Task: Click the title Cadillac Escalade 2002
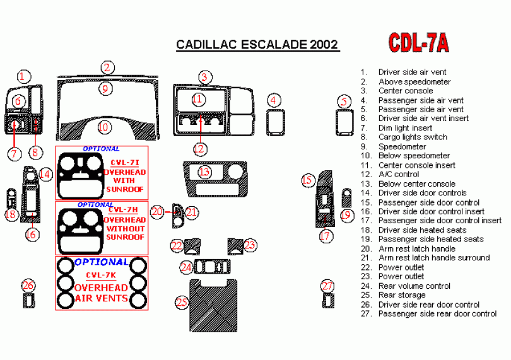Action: pyautogui.click(x=257, y=45)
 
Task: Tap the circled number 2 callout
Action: pyautogui.click(x=108, y=67)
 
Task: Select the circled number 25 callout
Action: pyautogui.click(x=182, y=303)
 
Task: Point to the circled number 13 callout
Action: pyautogui.click(x=204, y=171)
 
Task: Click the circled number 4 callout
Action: pyautogui.click(x=273, y=100)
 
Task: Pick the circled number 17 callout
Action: pyautogui.click(x=325, y=236)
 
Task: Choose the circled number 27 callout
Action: pyautogui.click(x=327, y=286)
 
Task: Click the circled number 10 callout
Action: pyautogui.click(x=103, y=127)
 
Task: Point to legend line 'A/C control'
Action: pyautogui.click(x=398, y=174)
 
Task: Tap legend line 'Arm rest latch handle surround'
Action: pyautogui.click(x=433, y=258)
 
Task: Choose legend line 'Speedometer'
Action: pyautogui.click(x=402, y=146)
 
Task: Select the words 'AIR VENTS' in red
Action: pyautogui.click(x=101, y=298)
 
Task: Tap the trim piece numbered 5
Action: pyautogui.click(x=344, y=122)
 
